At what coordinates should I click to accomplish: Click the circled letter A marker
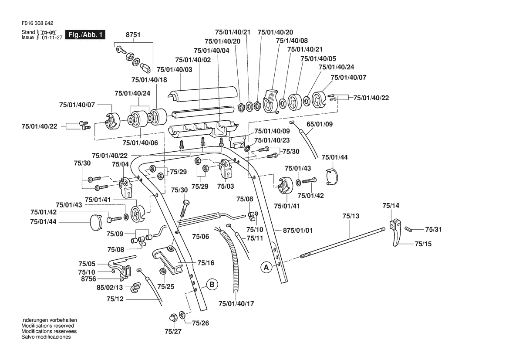coord(266,268)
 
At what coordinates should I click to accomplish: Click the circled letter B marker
coord(212,284)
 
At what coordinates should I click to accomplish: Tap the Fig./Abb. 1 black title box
coord(85,34)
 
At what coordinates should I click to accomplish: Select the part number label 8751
coord(133,34)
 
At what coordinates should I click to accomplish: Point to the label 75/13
coord(351,216)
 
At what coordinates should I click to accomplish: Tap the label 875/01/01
coord(298,231)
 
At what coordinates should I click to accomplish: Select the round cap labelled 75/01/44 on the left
coord(96,223)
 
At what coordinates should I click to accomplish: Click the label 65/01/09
coord(320,124)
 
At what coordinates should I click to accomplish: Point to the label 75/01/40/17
coord(236,303)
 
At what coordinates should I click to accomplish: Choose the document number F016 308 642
coord(37,24)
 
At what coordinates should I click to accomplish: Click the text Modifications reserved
coord(48,326)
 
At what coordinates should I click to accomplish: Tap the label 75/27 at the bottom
coord(173,331)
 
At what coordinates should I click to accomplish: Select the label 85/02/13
coord(110,287)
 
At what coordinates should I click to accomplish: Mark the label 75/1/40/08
coord(292,41)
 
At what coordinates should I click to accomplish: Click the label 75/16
coord(206,262)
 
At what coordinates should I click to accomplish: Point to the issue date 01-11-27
coord(52,37)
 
